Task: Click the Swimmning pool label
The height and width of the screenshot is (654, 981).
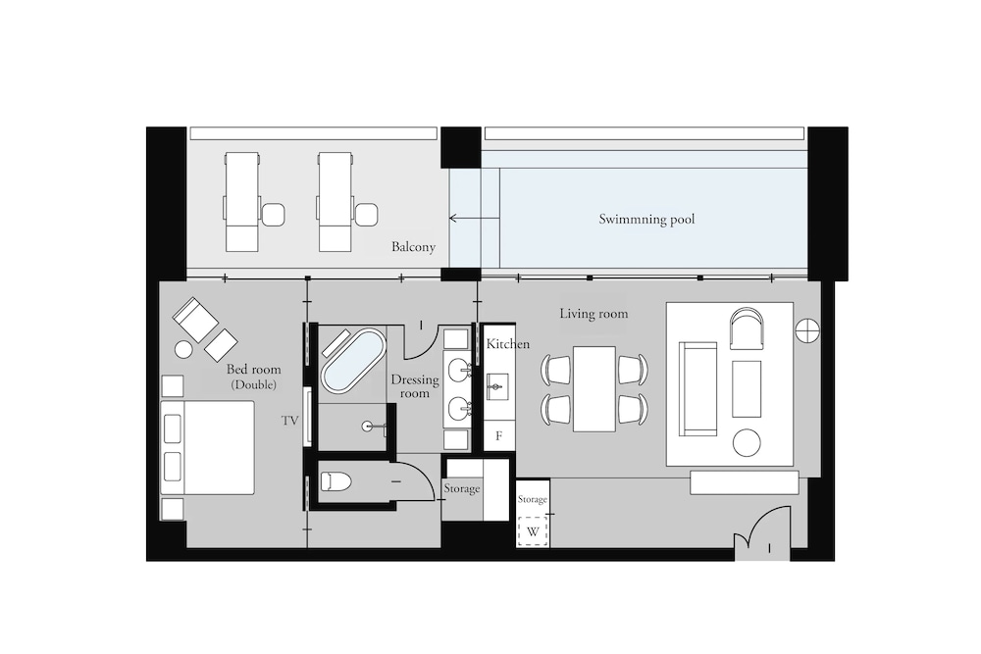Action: (646, 220)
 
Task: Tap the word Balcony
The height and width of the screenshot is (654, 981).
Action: (413, 247)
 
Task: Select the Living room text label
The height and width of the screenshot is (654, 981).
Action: (594, 314)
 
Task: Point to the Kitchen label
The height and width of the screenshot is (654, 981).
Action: (508, 344)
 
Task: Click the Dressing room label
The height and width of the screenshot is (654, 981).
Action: (415, 386)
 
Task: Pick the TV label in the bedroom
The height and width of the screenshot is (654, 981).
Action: (289, 421)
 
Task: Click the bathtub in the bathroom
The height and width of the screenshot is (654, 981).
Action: (353, 362)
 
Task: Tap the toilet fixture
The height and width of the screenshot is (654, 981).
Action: (336, 481)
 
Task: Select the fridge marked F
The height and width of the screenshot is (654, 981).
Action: (498, 435)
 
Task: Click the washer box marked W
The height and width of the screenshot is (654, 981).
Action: (533, 532)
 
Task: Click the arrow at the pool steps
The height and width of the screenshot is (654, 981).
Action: (474, 219)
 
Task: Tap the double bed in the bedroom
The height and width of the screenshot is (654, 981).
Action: (208, 448)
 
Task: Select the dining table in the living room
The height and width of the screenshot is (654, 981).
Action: (594, 389)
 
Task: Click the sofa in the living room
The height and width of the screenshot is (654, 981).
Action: (697, 388)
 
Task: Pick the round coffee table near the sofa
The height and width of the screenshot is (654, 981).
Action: (747, 443)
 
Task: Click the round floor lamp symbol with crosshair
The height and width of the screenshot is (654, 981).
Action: (807, 330)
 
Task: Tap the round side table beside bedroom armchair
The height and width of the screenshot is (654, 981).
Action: (183, 349)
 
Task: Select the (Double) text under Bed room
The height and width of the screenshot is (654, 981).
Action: (253, 385)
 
